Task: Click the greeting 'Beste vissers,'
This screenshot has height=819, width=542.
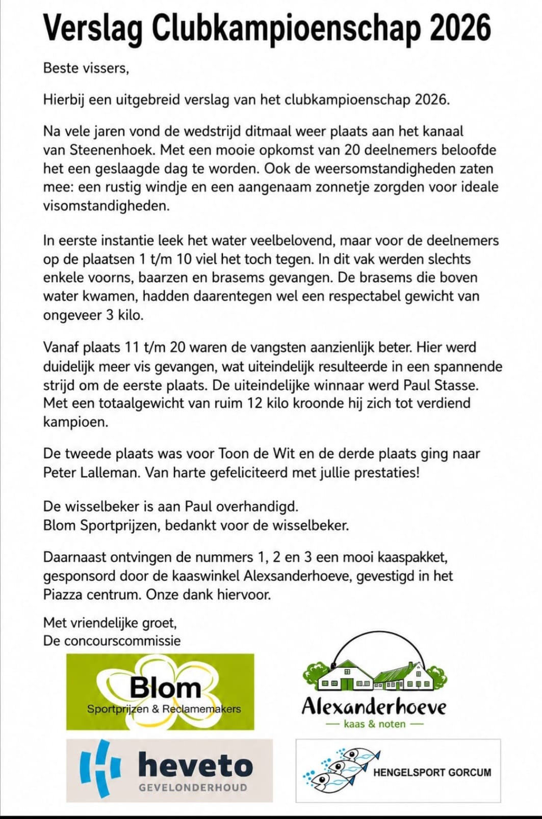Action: tap(86, 68)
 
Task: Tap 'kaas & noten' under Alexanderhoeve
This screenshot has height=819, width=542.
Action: tap(375, 724)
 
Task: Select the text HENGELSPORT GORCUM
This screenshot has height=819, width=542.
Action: tap(432, 772)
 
